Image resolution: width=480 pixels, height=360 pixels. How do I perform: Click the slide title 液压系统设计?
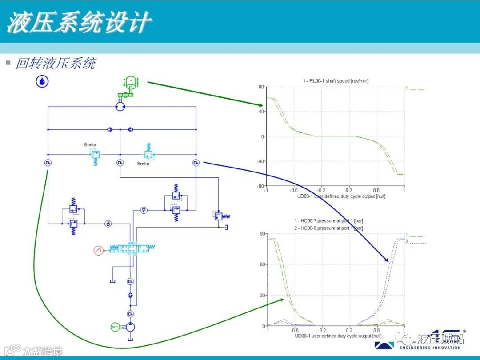click(79, 22)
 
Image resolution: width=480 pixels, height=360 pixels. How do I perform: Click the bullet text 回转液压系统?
click(56, 63)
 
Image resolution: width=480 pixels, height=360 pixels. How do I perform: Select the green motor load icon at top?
click(130, 85)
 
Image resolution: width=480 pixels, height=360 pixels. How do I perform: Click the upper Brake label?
click(90, 145)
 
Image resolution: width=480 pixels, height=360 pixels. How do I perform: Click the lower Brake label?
click(143, 164)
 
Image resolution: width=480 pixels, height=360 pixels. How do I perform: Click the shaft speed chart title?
click(336, 81)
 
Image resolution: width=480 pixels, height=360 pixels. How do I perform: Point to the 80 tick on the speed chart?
click(261, 87)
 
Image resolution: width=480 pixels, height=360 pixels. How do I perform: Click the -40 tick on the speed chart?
click(260, 161)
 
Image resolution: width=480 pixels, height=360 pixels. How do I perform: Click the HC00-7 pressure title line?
click(328, 221)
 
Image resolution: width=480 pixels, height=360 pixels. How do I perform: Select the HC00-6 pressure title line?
click(328, 228)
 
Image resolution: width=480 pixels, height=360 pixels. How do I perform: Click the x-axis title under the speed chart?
click(335, 196)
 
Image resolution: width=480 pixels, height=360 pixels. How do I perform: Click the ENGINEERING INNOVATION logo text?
click(430, 348)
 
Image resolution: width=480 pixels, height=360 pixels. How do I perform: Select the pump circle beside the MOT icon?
click(130, 328)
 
